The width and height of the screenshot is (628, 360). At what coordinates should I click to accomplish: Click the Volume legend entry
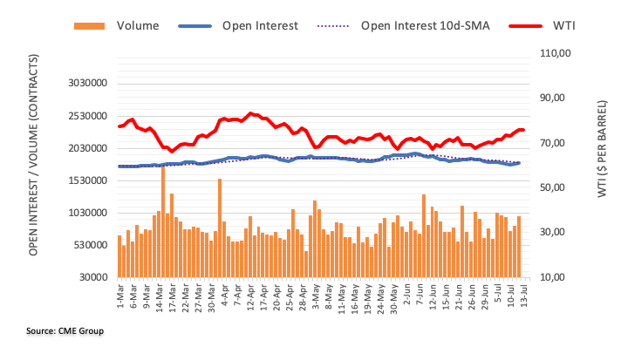[137, 26]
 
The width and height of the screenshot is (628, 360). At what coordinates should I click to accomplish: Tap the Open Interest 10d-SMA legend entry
[425, 26]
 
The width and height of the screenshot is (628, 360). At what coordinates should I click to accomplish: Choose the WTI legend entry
[563, 26]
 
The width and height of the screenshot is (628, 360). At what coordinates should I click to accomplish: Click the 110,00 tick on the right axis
[555, 53]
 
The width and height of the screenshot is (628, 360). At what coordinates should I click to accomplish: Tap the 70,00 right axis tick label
[555, 143]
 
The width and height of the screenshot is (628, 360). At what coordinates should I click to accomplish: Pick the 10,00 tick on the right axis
[555, 277]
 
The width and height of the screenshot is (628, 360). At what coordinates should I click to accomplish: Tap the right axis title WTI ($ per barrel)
[603, 166]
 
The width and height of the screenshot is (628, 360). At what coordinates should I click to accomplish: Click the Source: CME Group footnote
[65, 331]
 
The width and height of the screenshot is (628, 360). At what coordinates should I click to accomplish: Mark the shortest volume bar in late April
[306, 264]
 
